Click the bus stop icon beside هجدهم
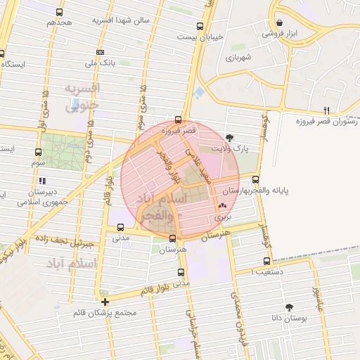[x=59, y=13]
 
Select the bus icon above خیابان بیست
[x=200, y=27]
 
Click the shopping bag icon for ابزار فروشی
[x=280, y=23]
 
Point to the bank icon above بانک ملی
[x=101, y=53]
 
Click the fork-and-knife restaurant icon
[x=326, y=110]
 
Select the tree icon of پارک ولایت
[x=230, y=138]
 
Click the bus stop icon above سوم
[x=38, y=151]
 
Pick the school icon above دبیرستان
[x=42, y=181]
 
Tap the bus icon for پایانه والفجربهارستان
[x=255, y=179]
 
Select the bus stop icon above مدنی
[x=121, y=227]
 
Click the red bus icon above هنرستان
[x=173, y=239]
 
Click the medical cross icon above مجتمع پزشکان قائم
[x=105, y=301]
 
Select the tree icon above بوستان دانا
[x=289, y=307]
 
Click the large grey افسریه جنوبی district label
[x=82, y=98]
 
